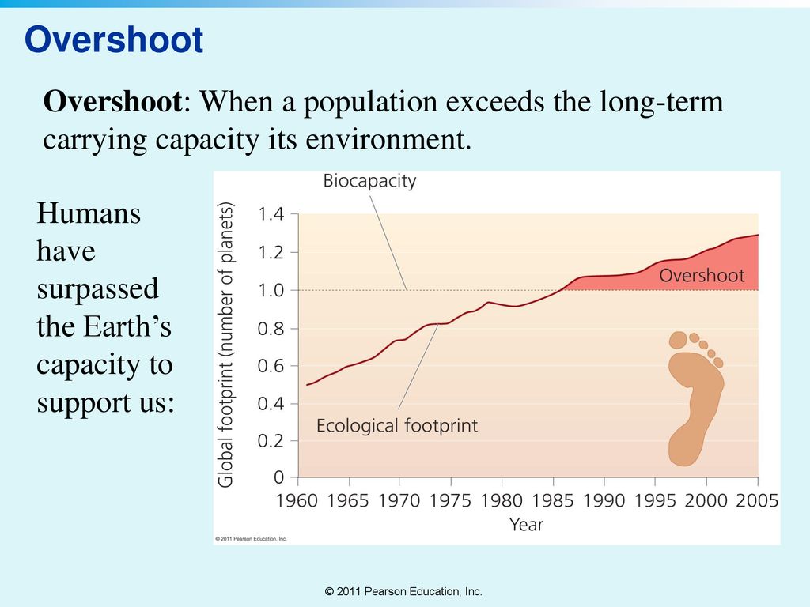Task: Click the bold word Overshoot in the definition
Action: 113,103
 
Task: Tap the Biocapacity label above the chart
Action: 369,181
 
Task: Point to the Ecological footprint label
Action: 397,426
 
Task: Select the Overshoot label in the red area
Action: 702,276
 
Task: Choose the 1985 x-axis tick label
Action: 554,500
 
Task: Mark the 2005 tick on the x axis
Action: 757,500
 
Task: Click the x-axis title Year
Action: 526,524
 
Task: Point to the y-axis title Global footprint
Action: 226,344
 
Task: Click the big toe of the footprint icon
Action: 678,341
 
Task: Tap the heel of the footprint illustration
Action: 681,451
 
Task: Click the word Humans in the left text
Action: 89,213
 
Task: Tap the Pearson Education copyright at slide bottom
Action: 403,591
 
